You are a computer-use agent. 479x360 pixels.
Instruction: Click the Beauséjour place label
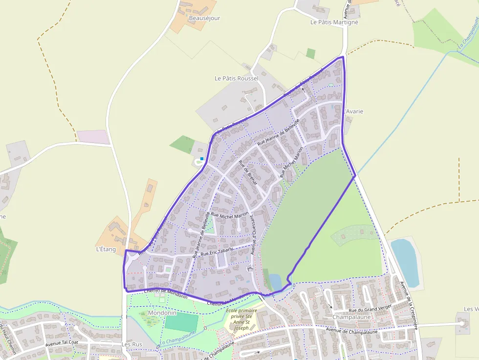coord(204,19)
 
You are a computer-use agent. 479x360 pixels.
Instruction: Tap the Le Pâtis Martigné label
coord(334,22)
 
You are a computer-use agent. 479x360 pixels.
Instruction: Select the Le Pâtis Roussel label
coord(237,78)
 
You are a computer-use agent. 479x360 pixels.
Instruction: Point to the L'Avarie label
coord(354,111)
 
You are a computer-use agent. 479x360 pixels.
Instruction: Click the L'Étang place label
coord(106,249)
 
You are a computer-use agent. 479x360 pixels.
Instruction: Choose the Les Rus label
coord(131,344)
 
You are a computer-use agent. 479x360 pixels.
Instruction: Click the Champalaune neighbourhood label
coord(351,317)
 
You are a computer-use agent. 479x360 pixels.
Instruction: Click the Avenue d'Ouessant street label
coord(253,236)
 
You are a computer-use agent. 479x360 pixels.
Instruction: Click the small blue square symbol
coord(202,159)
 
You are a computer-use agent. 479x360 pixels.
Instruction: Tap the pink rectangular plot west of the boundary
coord(93,137)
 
